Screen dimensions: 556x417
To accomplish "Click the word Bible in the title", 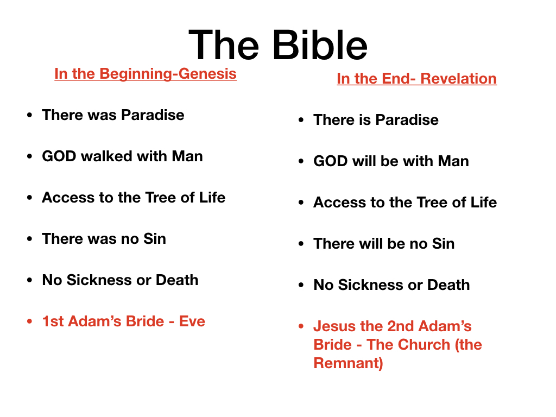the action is [x=320, y=45].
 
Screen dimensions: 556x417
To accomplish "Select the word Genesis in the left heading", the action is [x=207, y=73].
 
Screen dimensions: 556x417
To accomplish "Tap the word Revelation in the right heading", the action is [x=458, y=78].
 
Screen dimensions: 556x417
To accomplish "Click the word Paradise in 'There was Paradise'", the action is [x=153, y=115].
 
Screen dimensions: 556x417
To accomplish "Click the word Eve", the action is [x=192, y=321].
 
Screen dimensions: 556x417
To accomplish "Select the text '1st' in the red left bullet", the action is [x=53, y=321].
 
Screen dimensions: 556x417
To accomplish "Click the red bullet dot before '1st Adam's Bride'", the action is [x=30, y=321].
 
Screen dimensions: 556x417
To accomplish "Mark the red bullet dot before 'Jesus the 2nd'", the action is [x=301, y=326].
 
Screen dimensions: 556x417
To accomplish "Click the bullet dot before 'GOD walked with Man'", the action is [x=30, y=156].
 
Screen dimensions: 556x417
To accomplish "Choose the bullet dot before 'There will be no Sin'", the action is [x=301, y=244].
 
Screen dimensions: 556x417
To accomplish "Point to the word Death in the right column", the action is [x=448, y=285].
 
